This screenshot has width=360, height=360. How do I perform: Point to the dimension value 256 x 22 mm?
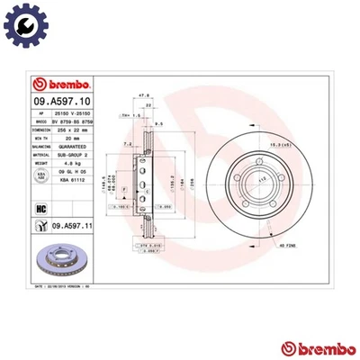tap(72, 128)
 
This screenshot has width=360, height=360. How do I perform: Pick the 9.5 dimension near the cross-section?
tap(158, 122)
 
